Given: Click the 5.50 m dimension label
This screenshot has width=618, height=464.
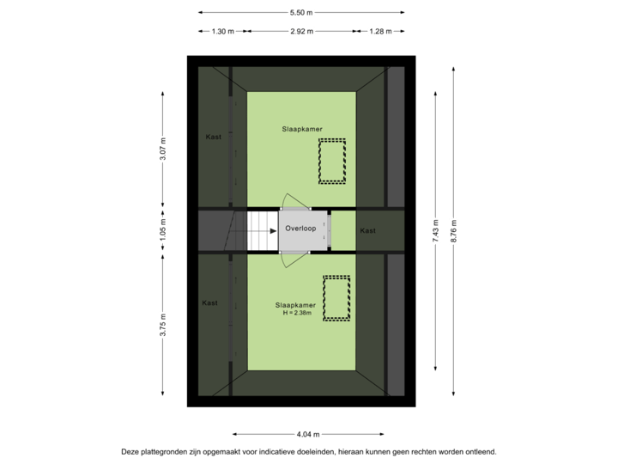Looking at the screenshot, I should pyautogui.click(x=300, y=12).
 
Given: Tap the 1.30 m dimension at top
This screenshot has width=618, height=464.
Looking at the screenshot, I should pyautogui.click(x=222, y=31).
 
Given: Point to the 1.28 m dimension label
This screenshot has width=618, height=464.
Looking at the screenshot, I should pyautogui.click(x=379, y=31).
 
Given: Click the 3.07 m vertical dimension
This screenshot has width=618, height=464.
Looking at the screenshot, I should pyautogui.click(x=163, y=149).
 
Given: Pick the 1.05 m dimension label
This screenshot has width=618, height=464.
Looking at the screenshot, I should pyautogui.click(x=163, y=230).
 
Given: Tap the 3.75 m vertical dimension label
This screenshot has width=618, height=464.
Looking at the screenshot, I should pyautogui.click(x=163, y=326).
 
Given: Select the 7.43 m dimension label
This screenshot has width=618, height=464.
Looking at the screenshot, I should pyautogui.click(x=437, y=230).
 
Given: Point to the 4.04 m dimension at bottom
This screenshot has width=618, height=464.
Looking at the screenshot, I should pyautogui.click(x=307, y=434).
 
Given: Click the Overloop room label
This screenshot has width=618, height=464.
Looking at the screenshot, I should pyautogui.click(x=300, y=230).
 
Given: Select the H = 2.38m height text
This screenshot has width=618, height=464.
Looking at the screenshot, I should pyautogui.click(x=295, y=313).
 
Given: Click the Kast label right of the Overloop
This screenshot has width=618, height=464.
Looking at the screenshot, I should pyautogui.click(x=367, y=230).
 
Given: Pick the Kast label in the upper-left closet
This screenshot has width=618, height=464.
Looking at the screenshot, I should pyautogui.click(x=213, y=136).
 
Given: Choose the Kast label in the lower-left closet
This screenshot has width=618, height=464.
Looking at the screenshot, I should pyautogui.click(x=209, y=302).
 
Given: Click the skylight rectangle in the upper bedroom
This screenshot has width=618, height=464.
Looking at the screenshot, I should pyautogui.click(x=330, y=161).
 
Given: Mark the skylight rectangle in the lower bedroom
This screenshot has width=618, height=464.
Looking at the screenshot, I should pyautogui.click(x=336, y=297).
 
